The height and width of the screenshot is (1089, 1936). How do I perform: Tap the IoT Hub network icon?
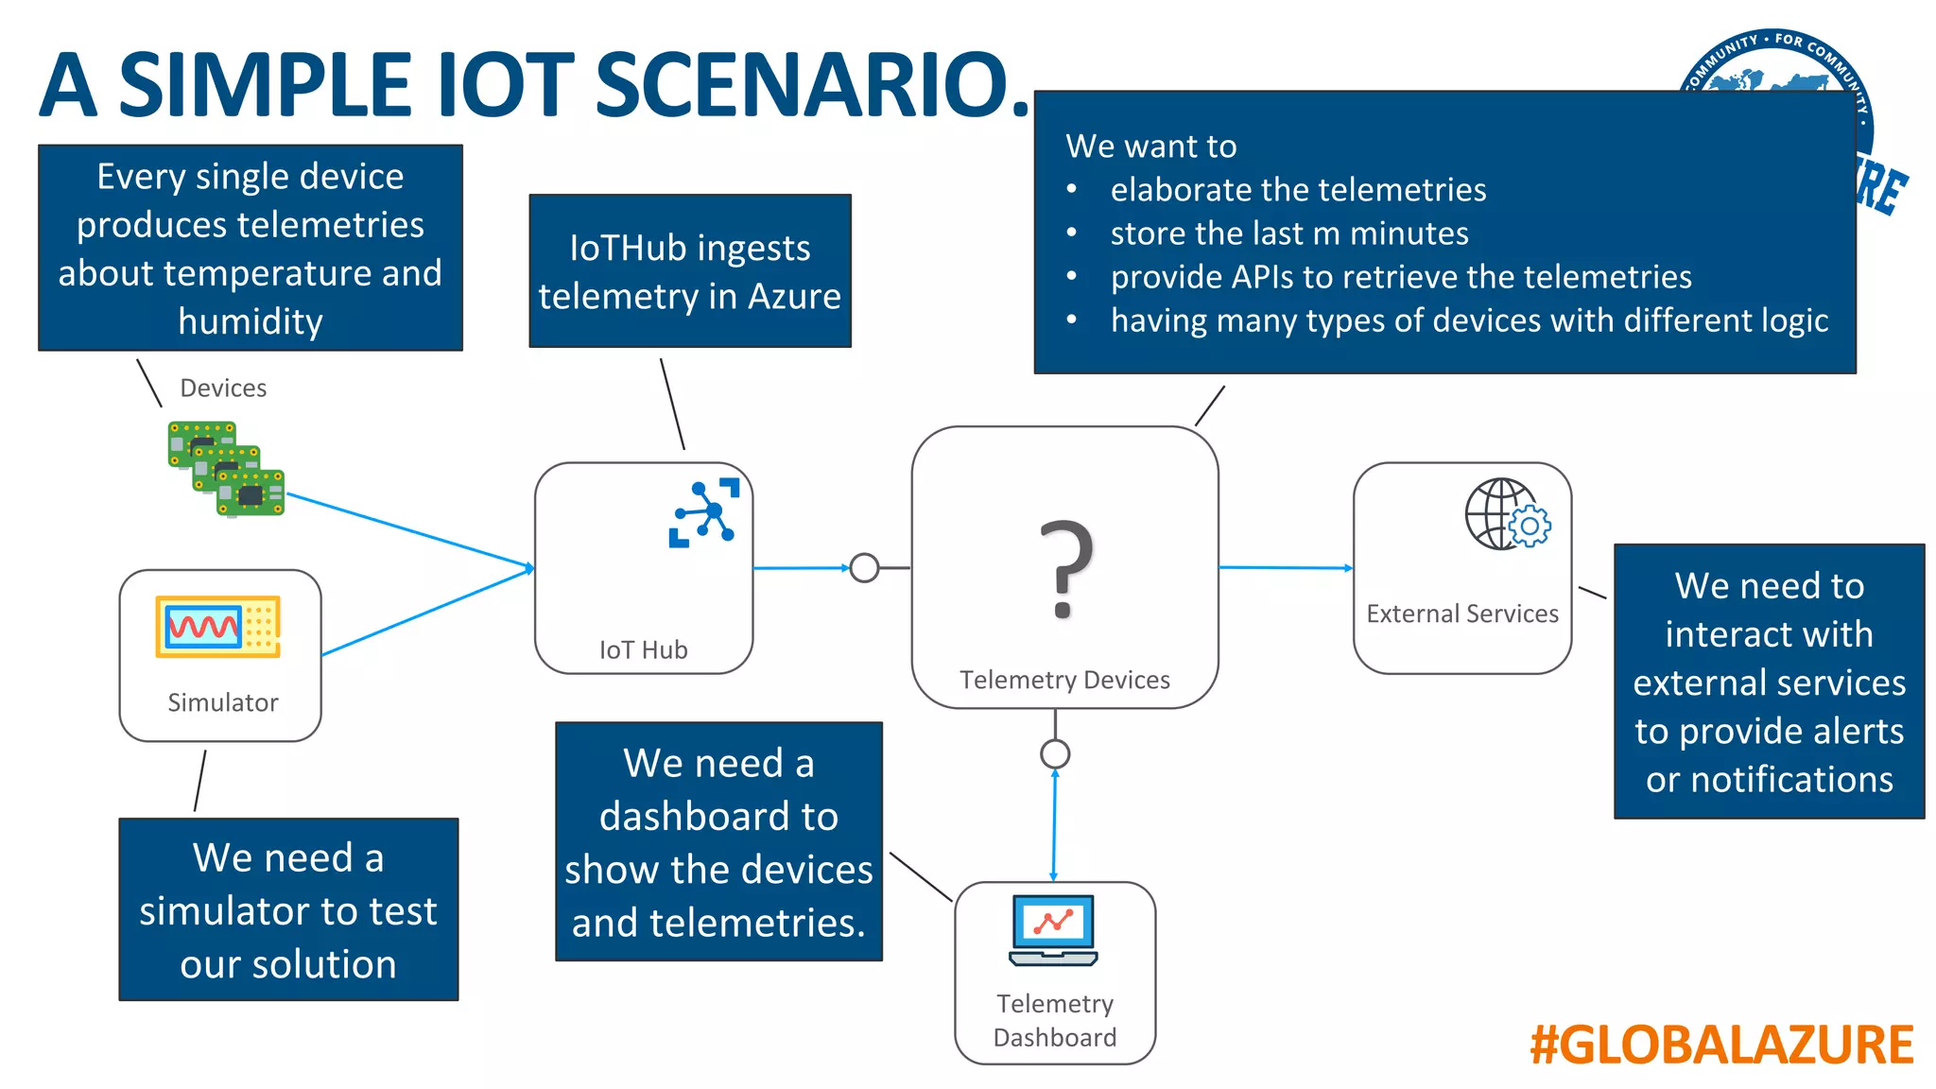tap(703, 513)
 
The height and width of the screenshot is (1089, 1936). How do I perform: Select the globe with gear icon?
tap(1507, 514)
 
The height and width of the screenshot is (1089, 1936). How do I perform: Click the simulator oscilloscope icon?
tap(218, 626)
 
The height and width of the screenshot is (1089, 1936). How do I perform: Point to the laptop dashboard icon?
tap(1053, 930)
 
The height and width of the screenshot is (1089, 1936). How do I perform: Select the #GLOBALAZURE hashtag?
tap(1721, 1045)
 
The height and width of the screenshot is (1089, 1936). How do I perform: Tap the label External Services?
tap(1461, 614)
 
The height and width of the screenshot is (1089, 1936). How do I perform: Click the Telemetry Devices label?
tap(1064, 680)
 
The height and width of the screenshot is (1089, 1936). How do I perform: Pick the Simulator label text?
tap(223, 702)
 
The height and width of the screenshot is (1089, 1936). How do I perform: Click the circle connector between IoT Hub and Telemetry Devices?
tap(864, 567)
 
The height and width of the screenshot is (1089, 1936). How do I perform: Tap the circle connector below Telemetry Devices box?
tap(1055, 753)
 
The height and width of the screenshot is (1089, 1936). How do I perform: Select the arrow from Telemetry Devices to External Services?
tap(1286, 567)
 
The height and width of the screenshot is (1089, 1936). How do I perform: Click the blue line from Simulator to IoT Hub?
tap(425, 613)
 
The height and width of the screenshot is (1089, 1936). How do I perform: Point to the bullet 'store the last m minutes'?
tap(1289, 233)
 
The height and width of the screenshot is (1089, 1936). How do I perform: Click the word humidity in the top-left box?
tap(251, 321)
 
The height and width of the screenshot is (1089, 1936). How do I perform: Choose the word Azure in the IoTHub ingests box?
tap(794, 297)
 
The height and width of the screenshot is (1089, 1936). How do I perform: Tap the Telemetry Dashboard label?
tap(1055, 1020)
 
